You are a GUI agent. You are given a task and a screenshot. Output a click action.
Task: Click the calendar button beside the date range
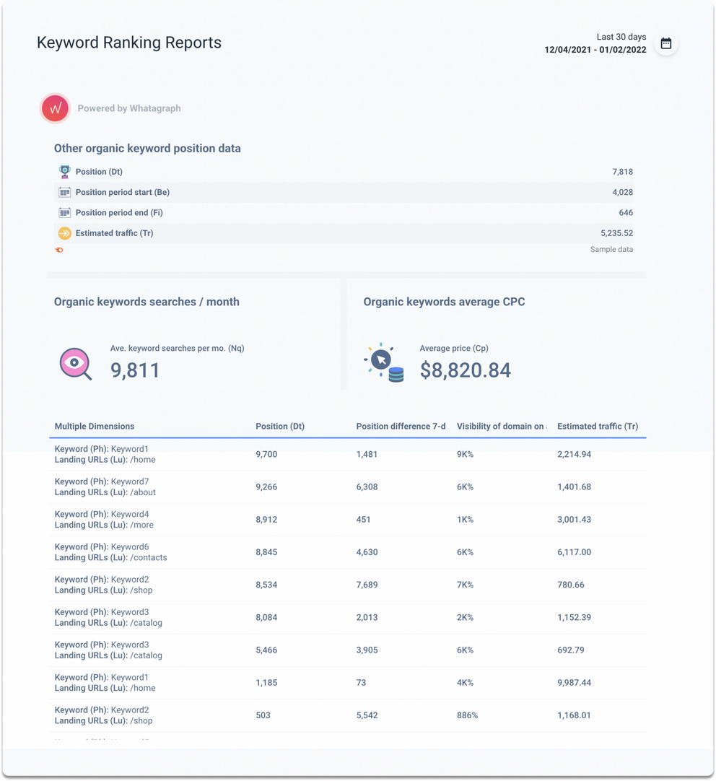[665, 43]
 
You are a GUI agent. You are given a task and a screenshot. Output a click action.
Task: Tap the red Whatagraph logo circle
[55, 108]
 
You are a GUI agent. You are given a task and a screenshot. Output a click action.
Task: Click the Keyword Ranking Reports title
[129, 43]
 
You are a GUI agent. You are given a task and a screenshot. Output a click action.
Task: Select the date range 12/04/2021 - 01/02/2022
[595, 50]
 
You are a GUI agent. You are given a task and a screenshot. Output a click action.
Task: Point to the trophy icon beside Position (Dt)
[64, 172]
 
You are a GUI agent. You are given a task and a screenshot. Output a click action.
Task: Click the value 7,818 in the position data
[622, 172]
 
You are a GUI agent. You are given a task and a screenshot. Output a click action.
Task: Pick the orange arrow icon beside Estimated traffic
[64, 233]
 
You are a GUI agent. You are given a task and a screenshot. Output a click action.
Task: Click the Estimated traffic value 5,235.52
[616, 233]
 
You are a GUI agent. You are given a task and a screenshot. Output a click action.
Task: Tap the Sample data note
[611, 249]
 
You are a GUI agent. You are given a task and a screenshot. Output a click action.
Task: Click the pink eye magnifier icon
[75, 364]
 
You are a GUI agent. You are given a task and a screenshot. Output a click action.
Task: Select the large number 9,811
[135, 370]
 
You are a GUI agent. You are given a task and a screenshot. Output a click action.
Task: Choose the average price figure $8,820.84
[465, 370]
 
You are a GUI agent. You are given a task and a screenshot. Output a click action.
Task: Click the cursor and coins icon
[384, 362]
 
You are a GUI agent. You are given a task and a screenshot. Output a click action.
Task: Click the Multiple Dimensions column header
[95, 426]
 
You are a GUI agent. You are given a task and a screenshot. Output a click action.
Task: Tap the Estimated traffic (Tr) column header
[598, 426]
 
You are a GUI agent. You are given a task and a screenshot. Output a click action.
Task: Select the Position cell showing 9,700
[266, 454]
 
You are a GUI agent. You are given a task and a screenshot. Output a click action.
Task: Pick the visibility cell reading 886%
[467, 715]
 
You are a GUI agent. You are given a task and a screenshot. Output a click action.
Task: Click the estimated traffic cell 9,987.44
[574, 682]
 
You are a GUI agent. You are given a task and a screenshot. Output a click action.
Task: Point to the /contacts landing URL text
[149, 557]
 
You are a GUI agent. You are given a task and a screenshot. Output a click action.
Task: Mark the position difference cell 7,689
[367, 585]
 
